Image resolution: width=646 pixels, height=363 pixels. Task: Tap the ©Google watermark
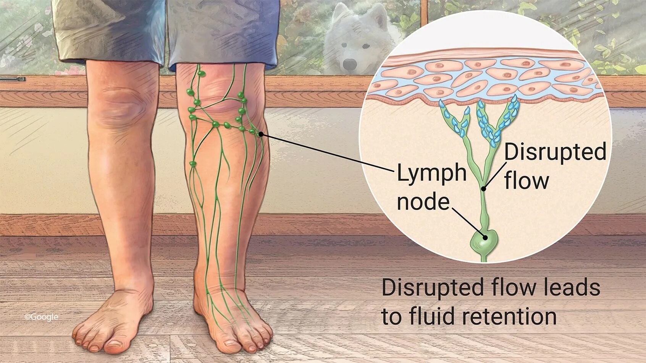coord(41,317)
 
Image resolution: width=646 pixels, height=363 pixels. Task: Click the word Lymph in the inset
coord(432,173)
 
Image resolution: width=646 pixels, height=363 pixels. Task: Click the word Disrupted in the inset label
coord(555,152)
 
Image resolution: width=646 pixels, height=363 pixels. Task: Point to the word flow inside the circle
coord(527,180)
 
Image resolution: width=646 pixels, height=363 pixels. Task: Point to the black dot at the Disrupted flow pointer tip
coord(483,188)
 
